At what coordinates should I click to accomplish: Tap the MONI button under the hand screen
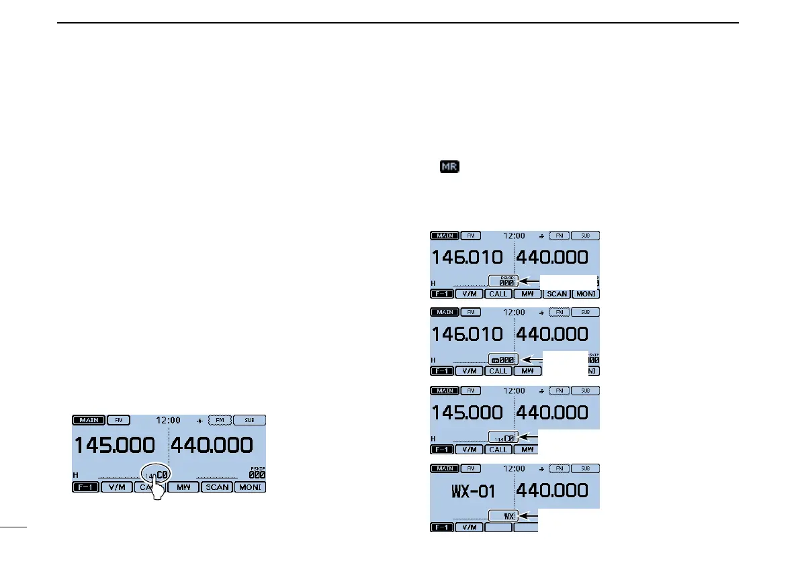tap(249, 487)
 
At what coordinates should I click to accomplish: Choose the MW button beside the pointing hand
tap(183, 487)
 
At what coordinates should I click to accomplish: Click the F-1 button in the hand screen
tap(85, 487)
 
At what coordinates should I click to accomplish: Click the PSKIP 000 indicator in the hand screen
tap(257, 472)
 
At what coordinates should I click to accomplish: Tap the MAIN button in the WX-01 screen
tap(444, 468)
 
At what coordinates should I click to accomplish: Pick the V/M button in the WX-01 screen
tap(469, 527)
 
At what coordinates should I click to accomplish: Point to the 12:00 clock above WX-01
tap(514, 468)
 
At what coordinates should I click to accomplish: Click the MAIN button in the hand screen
tap(87, 420)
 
